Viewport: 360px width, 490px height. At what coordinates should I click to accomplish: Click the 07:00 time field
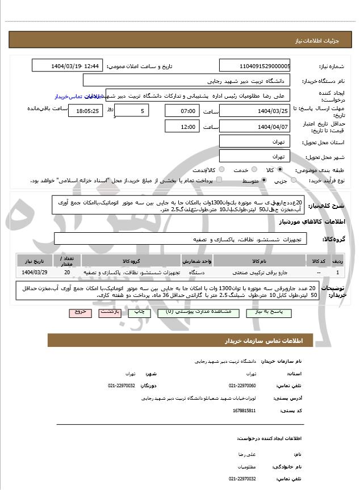click(x=183, y=111)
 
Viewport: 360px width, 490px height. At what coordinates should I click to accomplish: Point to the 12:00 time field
click(x=183, y=127)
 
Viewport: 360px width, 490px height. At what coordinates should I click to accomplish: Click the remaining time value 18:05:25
click(x=85, y=111)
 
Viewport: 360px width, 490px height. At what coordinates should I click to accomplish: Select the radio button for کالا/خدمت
click(x=221, y=170)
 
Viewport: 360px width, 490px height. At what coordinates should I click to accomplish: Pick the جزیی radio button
click(x=293, y=181)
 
